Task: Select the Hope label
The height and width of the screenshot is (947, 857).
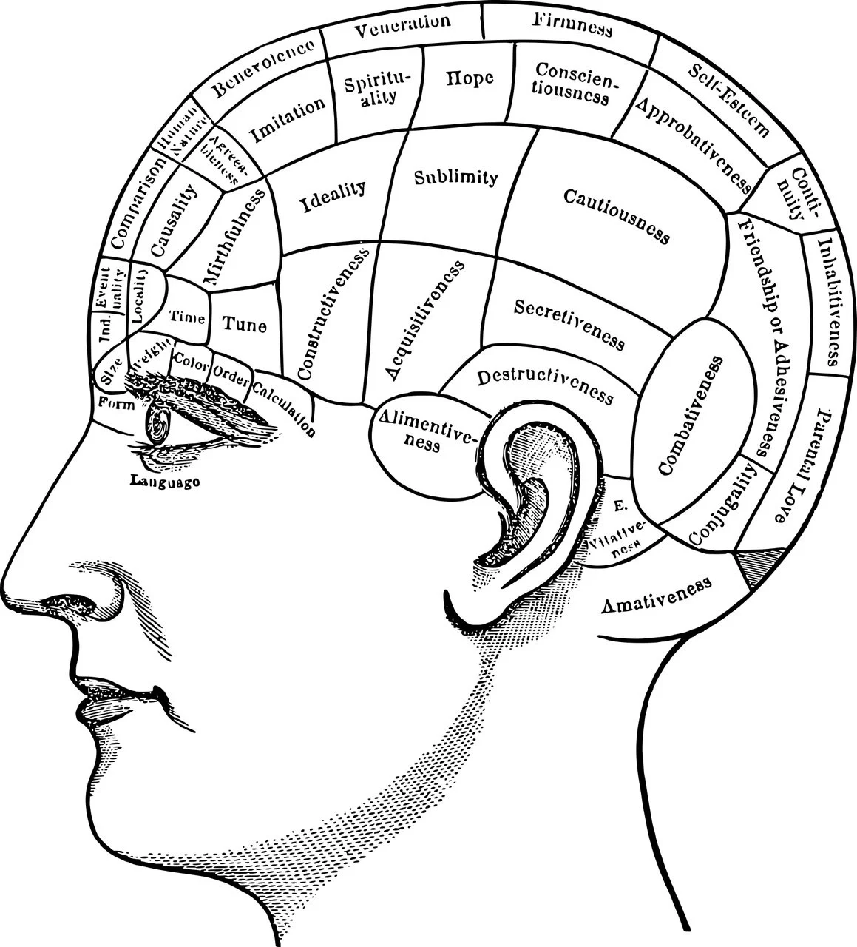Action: [469, 77]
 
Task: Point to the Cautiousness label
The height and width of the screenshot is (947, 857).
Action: [617, 215]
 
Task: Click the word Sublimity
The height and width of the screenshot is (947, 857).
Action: [455, 178]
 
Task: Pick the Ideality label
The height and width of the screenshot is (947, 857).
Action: [333, 196]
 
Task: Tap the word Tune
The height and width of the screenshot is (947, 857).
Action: [245, 324]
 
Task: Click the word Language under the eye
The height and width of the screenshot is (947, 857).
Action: [165, 482]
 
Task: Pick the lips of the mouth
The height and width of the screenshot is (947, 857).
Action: [96, 699]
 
